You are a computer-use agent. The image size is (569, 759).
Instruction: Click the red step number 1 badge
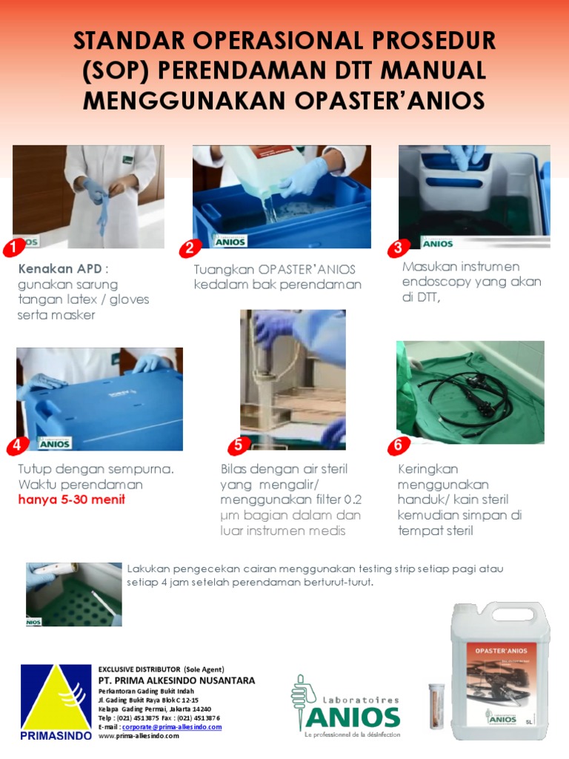12,246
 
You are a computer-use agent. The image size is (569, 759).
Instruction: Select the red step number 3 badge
399,248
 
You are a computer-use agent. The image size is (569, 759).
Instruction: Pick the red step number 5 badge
238,445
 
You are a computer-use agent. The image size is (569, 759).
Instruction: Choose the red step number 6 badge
398,445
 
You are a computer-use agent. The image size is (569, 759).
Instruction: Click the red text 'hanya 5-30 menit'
72,499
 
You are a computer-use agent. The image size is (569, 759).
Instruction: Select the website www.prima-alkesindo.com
139,736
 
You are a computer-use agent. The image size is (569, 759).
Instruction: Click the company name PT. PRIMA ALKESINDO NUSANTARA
176,680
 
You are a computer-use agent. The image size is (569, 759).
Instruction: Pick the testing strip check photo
73,594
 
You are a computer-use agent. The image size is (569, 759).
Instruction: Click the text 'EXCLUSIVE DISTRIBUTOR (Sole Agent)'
161,669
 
